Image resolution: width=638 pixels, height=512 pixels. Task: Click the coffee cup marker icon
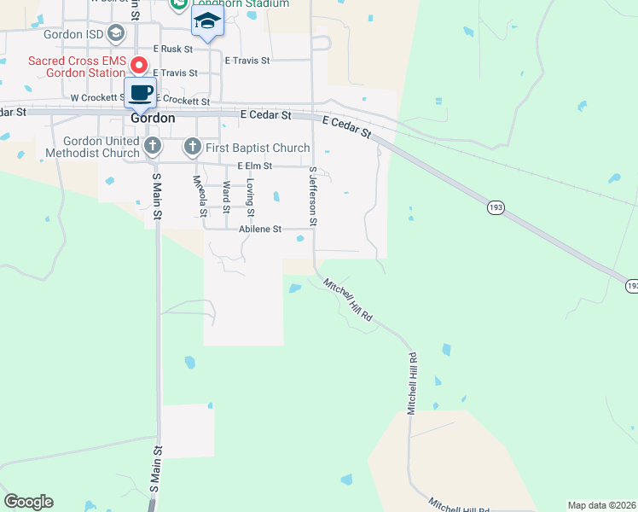pos(140,93)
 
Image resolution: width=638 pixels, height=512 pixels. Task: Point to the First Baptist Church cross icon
pos(192,148)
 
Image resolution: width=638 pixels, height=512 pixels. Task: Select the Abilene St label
pos(260,229)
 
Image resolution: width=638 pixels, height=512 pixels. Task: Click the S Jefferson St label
pos(313,196)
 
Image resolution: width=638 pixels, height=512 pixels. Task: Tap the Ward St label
pos(226,197)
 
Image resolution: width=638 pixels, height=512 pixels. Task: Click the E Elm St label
pos(255,166)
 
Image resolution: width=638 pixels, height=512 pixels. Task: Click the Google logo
pos(28,502)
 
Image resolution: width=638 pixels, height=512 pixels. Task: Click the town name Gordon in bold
pos(154,119)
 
